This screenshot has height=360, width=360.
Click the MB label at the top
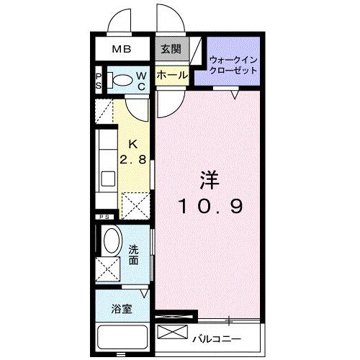(120, 50)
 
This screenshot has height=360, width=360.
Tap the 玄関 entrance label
(171, 50)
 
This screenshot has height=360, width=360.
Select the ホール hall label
(171, 74)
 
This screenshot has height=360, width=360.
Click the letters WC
(143, 81)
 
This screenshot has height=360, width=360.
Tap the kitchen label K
(134, 143)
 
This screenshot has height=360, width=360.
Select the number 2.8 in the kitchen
(134, 159)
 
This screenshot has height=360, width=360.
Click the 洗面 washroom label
(134, 254)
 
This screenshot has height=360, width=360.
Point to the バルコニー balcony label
(216, 338)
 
